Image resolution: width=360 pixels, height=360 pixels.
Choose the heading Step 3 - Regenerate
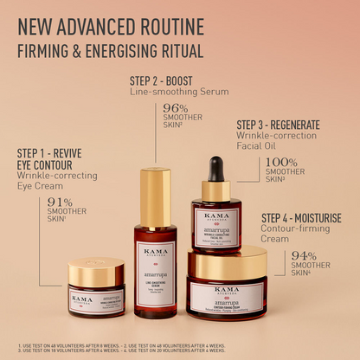[278, 125]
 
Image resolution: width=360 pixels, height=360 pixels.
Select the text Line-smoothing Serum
[179, 91]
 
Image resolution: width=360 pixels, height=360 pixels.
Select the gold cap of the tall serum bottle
[157, 196]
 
